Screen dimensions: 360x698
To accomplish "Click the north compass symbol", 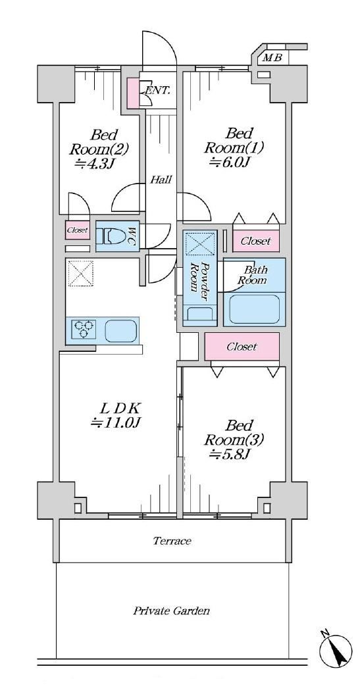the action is click(336, 651).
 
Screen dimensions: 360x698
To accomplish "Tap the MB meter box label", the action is click(272, 58).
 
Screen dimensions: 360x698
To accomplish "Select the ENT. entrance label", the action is click(157, 90).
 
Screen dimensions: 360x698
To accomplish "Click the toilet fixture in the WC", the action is click(111, 236).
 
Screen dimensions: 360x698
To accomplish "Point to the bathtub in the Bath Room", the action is click(254, 309).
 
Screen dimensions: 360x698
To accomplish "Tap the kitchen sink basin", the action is click(120, 330).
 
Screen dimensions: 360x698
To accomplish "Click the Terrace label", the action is click(172, 541).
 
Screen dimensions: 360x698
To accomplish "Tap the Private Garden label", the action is click(172, 611).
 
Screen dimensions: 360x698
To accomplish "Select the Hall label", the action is click(161, 180).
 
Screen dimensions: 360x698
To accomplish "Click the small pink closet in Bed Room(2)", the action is click(78, 230).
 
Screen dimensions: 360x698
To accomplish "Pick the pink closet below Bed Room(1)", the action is click(256, 241).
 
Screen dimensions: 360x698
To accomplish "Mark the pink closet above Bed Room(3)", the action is click(242, 346).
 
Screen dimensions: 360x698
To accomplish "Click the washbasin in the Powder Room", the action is click(200, 313).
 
